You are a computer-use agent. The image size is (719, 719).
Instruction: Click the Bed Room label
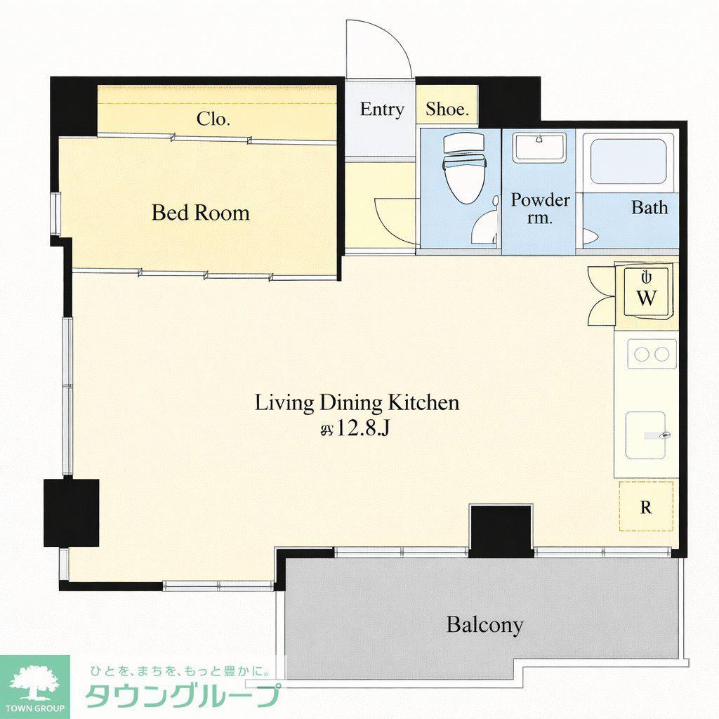tap(200, 213)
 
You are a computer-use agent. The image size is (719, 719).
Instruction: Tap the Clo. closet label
tap(213, 119)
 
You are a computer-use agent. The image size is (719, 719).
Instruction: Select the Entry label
tap(382, 109)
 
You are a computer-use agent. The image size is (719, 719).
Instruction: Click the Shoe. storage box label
tap(447, 109)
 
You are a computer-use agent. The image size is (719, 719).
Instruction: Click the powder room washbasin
tap(539, 147)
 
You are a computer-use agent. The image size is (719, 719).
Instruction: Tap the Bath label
tap(649, 207)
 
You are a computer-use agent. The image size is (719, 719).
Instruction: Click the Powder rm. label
tap(540, 208)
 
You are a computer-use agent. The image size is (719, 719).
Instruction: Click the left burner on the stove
tap(642, 354)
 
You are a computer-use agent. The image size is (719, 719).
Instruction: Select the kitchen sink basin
tap(646, 435)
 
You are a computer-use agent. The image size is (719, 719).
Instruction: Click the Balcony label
tap(484, 624)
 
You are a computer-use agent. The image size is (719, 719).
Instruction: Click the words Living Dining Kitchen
tap(357, 402)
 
